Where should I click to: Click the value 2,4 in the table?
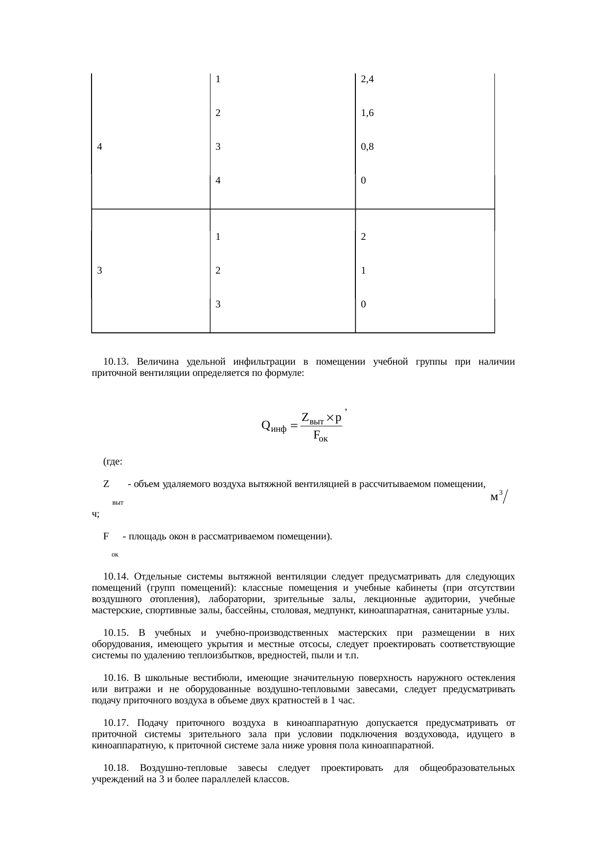(367, 79)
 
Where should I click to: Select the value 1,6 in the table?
(367, 113)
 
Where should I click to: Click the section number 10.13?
(116, 362)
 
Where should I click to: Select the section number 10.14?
(116, 576)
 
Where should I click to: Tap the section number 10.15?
(116, 633)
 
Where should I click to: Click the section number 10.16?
(116, 678)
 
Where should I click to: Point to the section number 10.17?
(116, 723)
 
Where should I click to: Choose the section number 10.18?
(116, 768)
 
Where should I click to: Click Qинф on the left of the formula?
(274, 426)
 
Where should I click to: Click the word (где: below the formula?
(113, 462)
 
